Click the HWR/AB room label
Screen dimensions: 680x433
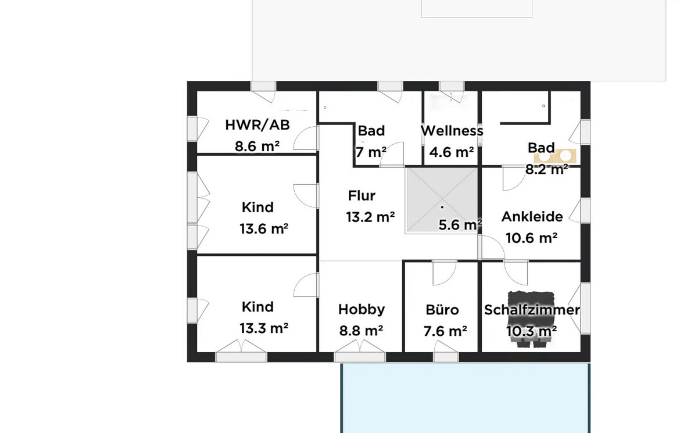[257, 125]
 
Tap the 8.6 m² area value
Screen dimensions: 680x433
[257, 146]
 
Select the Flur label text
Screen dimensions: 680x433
[362, 196]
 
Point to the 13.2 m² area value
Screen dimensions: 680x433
[370, 217]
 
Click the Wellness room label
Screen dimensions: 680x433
[452, 131]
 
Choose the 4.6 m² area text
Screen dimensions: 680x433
[452, 152]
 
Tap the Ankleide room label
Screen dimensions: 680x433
[532, 216]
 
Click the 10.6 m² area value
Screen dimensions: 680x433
[532, 238]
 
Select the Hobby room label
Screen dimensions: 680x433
[362, 309]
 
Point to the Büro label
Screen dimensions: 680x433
[442, 310]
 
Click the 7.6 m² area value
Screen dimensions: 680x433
[445, 331]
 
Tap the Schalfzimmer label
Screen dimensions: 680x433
[532, 310]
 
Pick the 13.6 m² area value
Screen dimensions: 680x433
[264, 228]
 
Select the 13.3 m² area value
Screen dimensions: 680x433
[264, 328]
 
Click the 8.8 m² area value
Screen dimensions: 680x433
[362, 331]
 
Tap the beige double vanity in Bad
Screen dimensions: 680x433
[555, 156]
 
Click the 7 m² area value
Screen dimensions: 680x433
[371, 152]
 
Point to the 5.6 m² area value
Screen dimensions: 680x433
[460, 225]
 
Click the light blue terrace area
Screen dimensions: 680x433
[466, 398]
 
